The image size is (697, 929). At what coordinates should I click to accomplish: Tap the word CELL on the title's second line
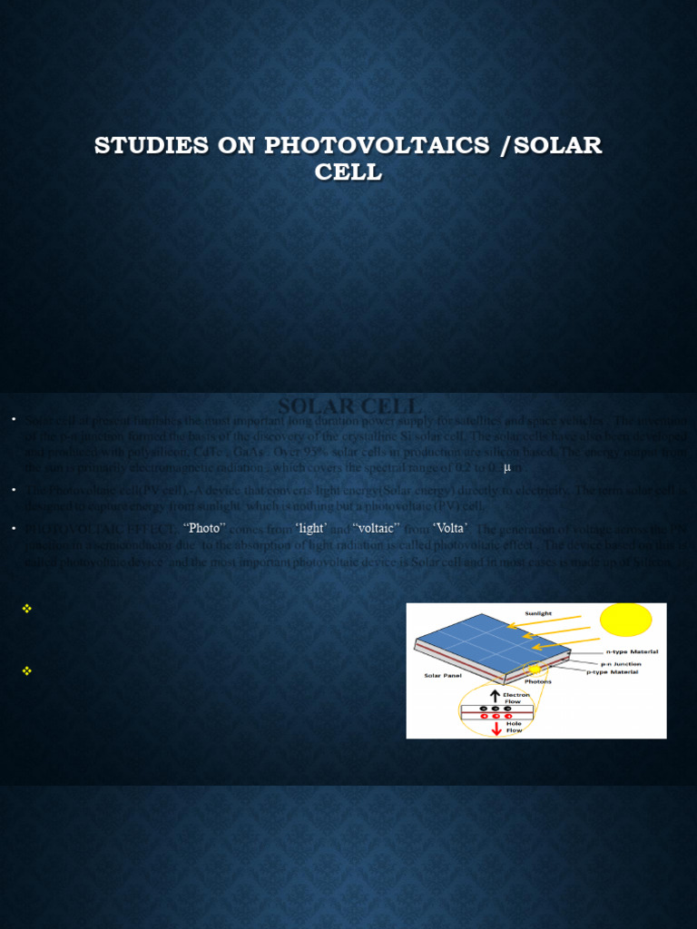click(348, 171)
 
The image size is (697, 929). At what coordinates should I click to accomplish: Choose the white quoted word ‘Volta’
click(450, 528)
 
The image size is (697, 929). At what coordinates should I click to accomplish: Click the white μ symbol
click(507, 466)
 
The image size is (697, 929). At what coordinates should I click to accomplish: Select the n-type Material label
click(632, 651)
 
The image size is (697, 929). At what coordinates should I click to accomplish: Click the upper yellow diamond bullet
click(26, 609)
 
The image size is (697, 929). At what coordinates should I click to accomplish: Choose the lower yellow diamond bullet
click(26, 670)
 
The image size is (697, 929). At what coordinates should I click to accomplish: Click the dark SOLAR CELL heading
click(349, 406)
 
